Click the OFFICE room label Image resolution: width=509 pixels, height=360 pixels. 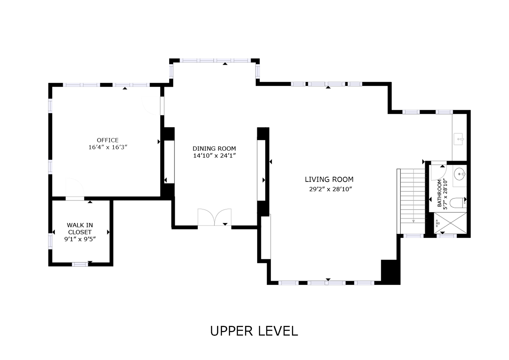point(108,140)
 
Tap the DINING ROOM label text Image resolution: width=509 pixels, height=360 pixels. point(214,148)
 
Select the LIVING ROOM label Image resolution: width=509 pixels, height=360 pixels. point(329,179)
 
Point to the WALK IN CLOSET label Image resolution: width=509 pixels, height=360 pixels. point(80,228)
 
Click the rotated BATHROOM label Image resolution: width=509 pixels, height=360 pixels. point(439,193)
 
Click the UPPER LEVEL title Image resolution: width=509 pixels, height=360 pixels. point(254,331)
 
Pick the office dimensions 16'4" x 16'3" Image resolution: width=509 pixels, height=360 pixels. point(108,147)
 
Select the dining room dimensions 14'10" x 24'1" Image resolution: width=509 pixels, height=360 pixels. point(214,156)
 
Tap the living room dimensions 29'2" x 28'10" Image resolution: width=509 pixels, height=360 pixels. point(331,189)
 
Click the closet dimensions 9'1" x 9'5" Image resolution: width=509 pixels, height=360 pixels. point(80,239)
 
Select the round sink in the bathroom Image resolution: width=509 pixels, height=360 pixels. point(459,174)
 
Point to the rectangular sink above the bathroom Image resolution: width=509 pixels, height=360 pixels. point(459,139)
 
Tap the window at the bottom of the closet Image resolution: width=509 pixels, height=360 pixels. point(80,264)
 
